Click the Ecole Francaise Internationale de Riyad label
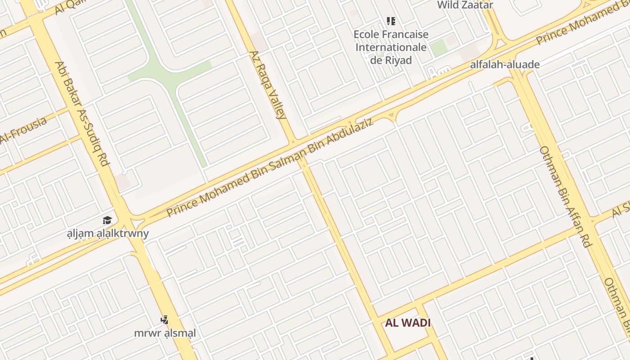click(391, 47)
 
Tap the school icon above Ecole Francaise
click(391, 21)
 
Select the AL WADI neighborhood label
click(408, 323)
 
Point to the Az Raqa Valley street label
click(268, 85)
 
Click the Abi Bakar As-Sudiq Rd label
click(82, 113)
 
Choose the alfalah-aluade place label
click(504, 64)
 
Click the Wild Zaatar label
click(465, 5)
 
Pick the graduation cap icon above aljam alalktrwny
click(107, 220)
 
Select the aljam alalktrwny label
click(108, 234)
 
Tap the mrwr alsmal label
click(165, 333)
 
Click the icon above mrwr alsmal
click(165, 320)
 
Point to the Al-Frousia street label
click(23, 130)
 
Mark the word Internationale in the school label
click(391, 47)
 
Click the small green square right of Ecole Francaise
click(438, 48)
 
